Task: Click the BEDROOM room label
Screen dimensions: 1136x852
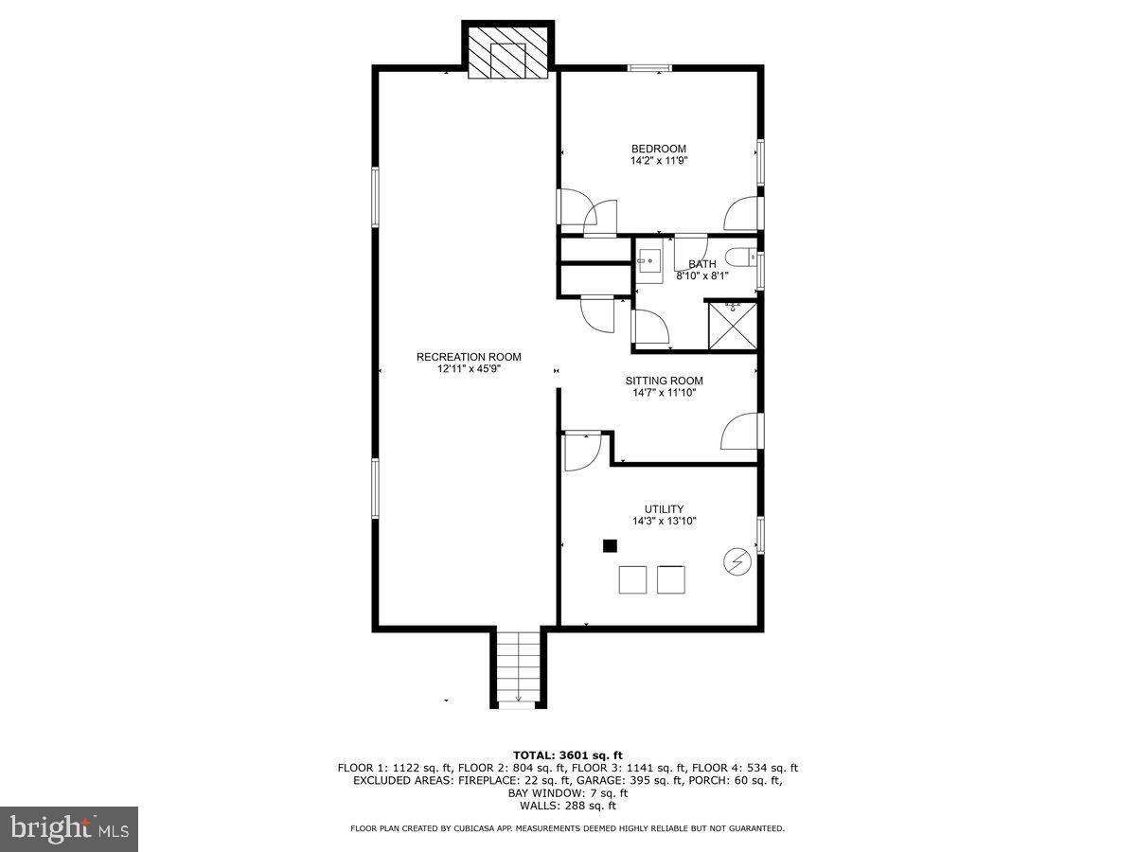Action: click(x=658, y=149)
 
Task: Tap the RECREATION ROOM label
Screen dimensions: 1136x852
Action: click(x=469, y=357)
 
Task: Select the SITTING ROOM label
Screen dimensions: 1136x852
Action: click(x=664, y=381)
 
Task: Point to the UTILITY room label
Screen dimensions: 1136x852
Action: click(x=664, y=509)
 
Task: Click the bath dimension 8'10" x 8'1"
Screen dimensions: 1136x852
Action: click(x=702, y=276)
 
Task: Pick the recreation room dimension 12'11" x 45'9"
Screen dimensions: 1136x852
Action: click(x=469, y=369)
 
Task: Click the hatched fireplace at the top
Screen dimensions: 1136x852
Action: click(x=507, y=53)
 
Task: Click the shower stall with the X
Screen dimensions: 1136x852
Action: click(x=733, y=326)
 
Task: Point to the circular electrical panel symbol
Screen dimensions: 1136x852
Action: click(x=737, y=561)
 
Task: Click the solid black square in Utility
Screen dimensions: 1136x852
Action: click(x=611, y=546)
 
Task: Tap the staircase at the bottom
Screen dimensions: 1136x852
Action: click(x=518, y=668)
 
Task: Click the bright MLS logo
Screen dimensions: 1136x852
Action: click(x=69, y=828)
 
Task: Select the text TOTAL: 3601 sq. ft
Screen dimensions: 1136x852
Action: click(x=568, y=755)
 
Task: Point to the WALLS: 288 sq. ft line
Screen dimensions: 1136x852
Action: click(x=568, y=806)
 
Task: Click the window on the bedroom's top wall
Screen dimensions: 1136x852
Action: click(x=650, y=68)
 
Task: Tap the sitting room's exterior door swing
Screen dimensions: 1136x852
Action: click(x=740, y=431)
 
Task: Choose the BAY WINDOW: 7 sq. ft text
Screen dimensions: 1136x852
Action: click(x=568, y=793)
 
